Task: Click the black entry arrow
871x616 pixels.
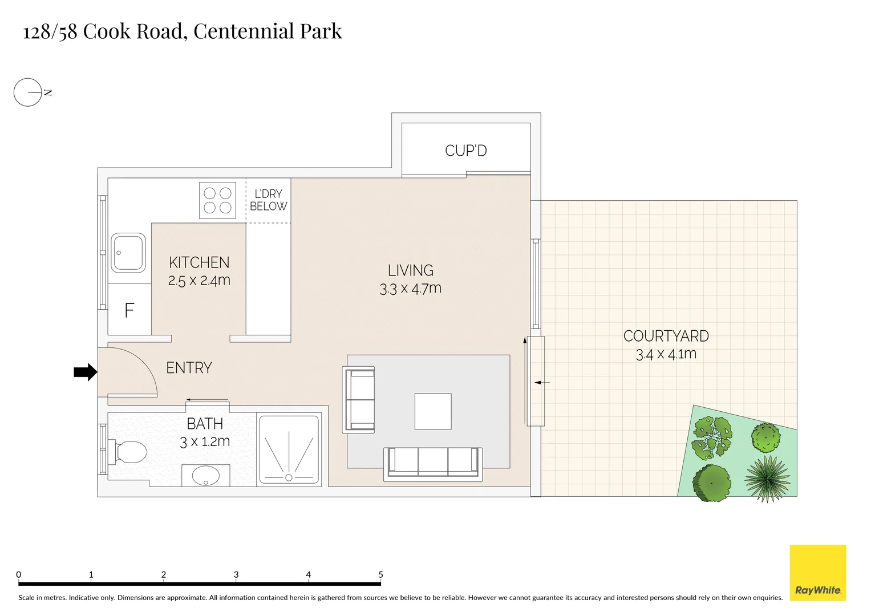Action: (x=86, y=372)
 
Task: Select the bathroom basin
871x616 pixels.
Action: (x=205, y=476)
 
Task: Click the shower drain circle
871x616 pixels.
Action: (x=289, y=477)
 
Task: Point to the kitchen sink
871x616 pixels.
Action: (x=128, y=252)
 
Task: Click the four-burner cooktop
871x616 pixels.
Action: (x=217, y=200)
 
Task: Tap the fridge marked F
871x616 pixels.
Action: (x=129, y=310)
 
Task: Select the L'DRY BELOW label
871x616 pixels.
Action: (x=268, y=200)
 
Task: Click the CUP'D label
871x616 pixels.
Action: (x=465, y=151)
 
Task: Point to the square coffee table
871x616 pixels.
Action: (x=433, y=411)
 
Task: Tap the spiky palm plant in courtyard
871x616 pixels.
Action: (x=767, y=478)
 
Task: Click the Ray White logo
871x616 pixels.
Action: (x=817, y=573)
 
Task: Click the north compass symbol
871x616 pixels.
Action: (x=29, y=92)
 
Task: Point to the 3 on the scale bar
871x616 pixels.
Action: (x=236, y=575)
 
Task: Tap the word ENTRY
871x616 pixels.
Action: (x=189, y=368)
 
